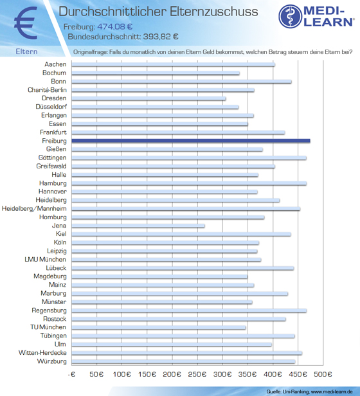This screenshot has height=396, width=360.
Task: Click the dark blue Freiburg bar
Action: coord(191,141)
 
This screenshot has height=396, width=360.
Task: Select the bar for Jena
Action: coord(138,226)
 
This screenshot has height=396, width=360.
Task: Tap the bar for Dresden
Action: coord(148,98)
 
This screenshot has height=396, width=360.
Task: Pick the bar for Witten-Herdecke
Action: coord(186,353)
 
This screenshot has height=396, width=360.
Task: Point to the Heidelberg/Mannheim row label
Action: coord(34,208)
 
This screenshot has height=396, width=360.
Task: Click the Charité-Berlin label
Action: coord(47,90)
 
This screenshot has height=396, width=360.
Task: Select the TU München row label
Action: coord(48,327)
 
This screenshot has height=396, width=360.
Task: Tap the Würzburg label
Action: coord(52,361)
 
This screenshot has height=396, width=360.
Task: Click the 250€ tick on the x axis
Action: coord(197,374)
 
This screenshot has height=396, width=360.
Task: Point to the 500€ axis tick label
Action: coord(323,374)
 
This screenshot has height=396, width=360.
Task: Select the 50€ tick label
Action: coord(96,374)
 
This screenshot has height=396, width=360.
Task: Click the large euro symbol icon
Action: coord(26,23)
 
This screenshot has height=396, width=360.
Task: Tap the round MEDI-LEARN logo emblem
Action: coord(290,16)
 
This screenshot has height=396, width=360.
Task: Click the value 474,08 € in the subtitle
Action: coord(114,26)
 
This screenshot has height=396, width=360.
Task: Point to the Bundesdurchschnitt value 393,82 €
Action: coord(161,37)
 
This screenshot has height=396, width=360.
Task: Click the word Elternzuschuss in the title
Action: coord(213,12)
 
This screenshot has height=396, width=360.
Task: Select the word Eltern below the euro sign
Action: coord(26,51)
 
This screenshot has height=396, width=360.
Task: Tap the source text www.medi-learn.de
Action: coord(332,392)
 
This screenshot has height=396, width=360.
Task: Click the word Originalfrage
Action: coord(90,52)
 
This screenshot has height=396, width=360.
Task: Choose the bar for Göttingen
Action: coord(189,158)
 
